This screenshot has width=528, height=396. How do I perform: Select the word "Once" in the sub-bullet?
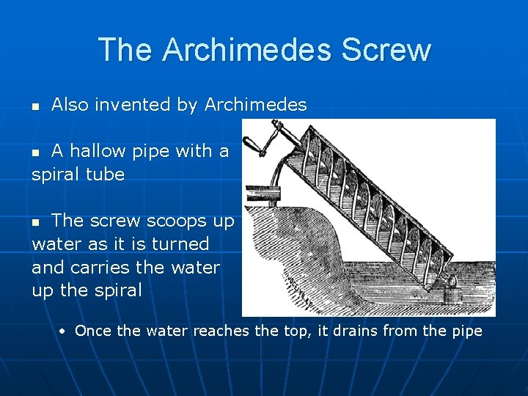[94, 331]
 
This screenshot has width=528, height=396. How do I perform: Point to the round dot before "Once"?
[65, 331]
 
